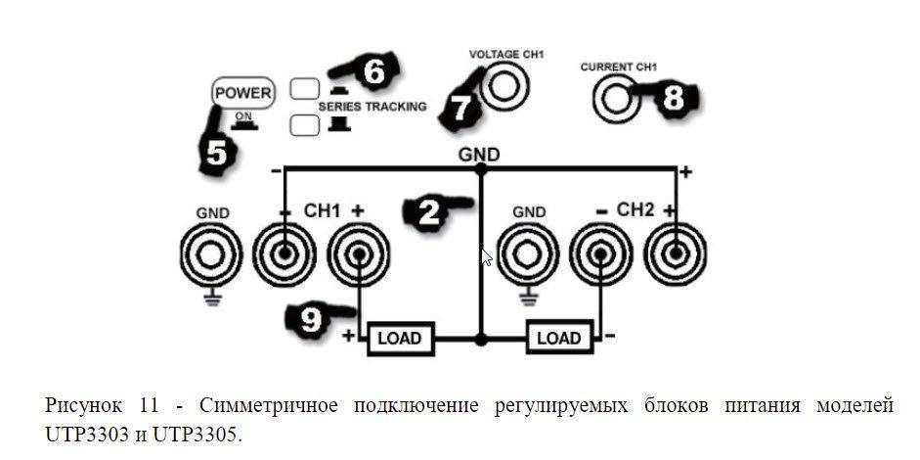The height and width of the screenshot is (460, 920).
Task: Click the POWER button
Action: (242, 93)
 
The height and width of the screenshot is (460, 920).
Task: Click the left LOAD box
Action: (399, 339)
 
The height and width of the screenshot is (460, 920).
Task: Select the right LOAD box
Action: (559, 339)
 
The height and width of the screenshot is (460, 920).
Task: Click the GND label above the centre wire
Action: (479, 155)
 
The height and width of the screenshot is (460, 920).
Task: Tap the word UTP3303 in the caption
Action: (79, 433)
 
